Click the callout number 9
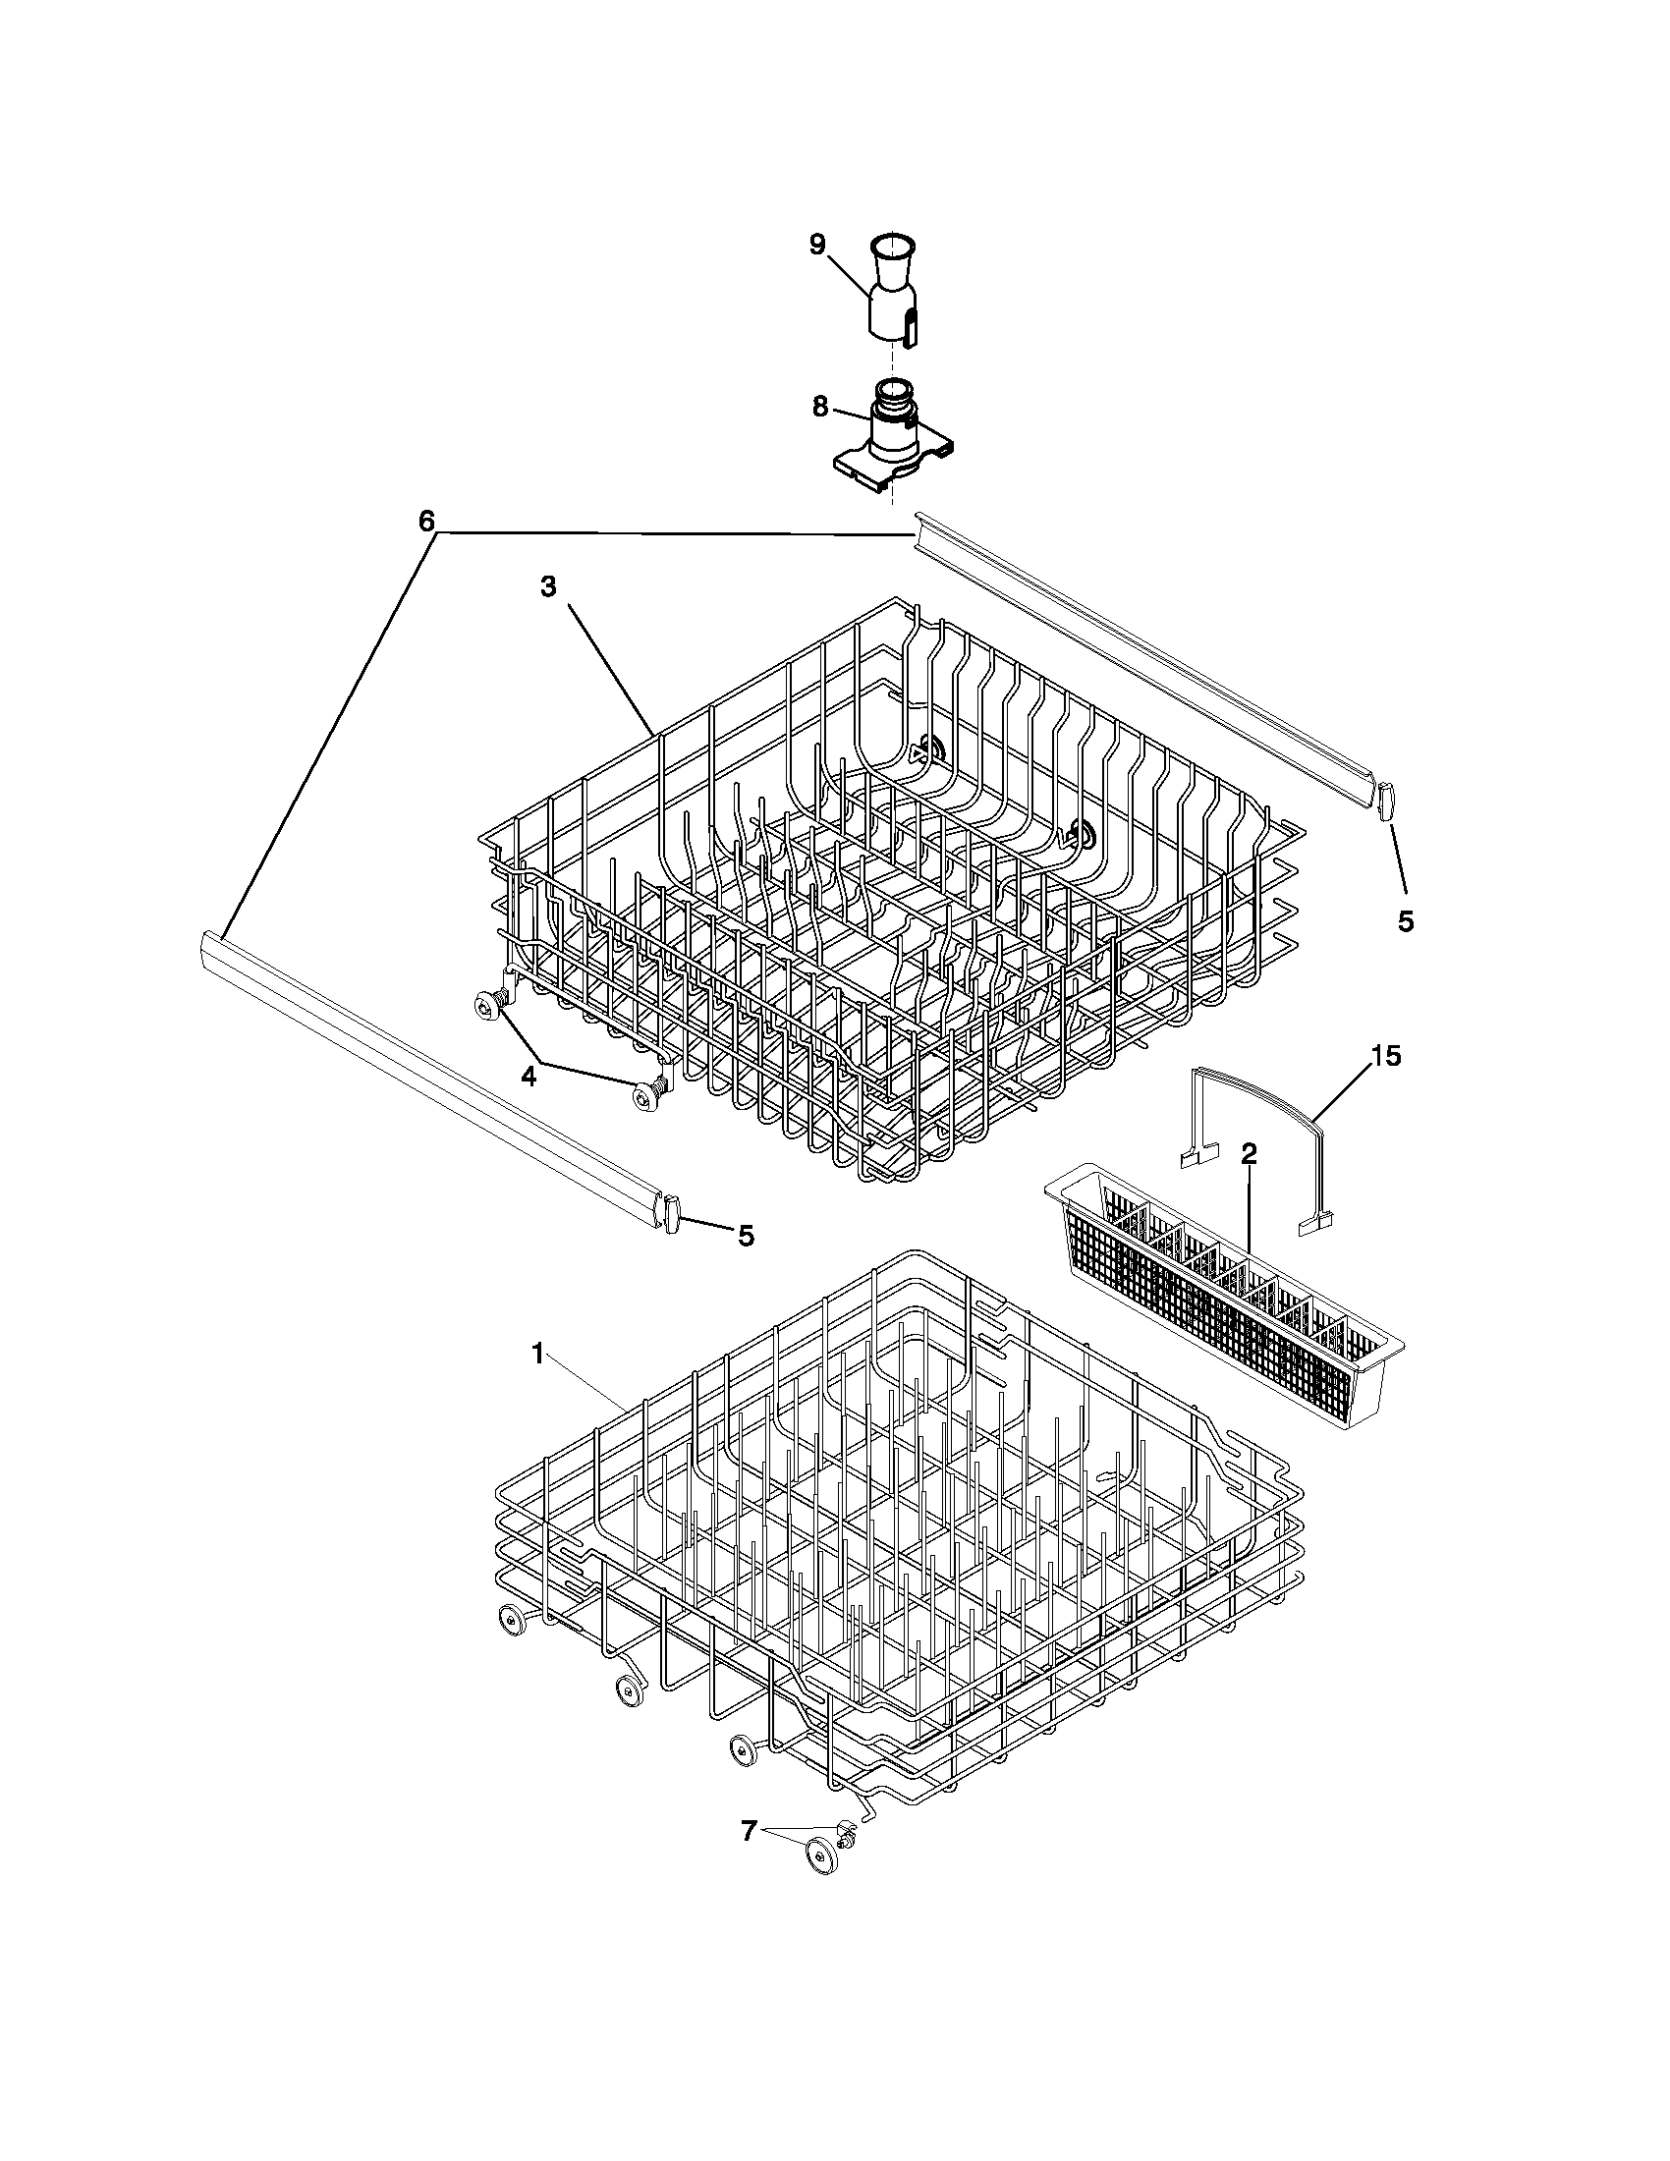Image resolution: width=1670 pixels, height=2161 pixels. pos(817,245)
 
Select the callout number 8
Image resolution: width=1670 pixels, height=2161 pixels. pos(820,407)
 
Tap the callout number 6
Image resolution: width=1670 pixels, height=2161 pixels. pos(426,522)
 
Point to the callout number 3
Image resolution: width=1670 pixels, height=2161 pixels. pos(547,586)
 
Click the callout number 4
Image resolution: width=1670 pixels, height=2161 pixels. pos(529,1077)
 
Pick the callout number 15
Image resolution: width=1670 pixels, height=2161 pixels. pos(1385,1056)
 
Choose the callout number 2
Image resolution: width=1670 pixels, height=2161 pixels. pos(1249,1153)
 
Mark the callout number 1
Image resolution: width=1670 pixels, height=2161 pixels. pos(538,1355)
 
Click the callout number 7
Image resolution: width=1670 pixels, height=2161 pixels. pos(749,1832)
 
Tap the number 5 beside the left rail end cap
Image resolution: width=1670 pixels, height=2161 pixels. pos(745,1235)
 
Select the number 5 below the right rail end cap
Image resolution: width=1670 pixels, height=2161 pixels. pos(1405,920)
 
